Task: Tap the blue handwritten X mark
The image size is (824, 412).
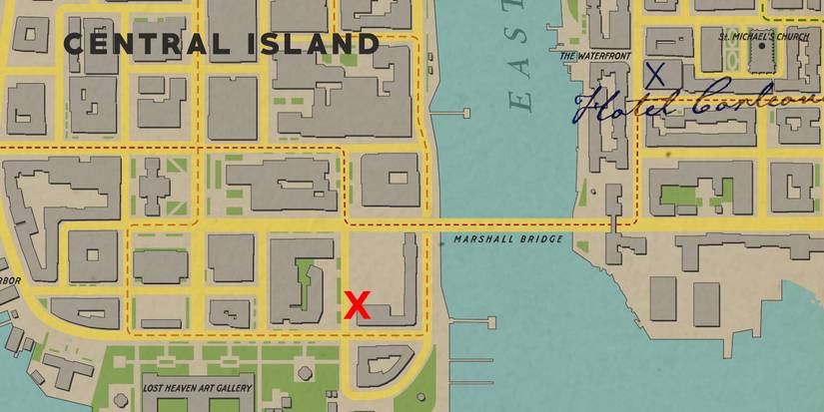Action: [x=655, y=73]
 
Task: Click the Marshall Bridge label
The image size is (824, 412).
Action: [x=507, y=240]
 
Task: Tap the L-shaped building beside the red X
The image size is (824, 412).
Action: [x=400, y=284]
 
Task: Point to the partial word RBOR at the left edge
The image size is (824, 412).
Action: [x=9, y=280]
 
